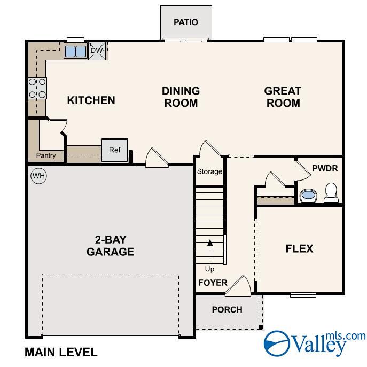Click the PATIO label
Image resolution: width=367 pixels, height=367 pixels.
tap(186, 22)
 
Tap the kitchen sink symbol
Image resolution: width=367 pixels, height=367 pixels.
tap(75, 51)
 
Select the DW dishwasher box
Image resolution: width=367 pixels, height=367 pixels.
tap(97, 51)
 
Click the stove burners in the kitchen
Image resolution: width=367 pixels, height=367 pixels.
tap(37, 88)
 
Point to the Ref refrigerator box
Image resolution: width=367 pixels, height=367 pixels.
tap(114, 150)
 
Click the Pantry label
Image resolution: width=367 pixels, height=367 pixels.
tap(46, 155)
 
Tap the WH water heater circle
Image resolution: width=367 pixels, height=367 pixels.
tap(38, 175)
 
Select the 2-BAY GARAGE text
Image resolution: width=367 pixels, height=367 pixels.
tap(110, 245)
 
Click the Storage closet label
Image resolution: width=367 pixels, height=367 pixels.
tap(209, 171)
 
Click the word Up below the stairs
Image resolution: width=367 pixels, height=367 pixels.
tap(209, 269)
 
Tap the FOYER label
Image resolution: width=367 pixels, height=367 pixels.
tap(213, 283)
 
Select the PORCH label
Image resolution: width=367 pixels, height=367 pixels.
tap(227, 309)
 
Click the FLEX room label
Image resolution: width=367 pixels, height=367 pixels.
tap(299, 248)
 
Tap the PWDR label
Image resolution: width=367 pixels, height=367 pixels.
tap(325, 168)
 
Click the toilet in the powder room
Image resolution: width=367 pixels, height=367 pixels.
tap(331, 193)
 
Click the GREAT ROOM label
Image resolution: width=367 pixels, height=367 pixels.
tap(283, 97)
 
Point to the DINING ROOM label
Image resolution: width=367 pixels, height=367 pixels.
tap(181, 97)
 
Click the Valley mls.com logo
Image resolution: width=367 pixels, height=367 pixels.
tap(315, 342)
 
